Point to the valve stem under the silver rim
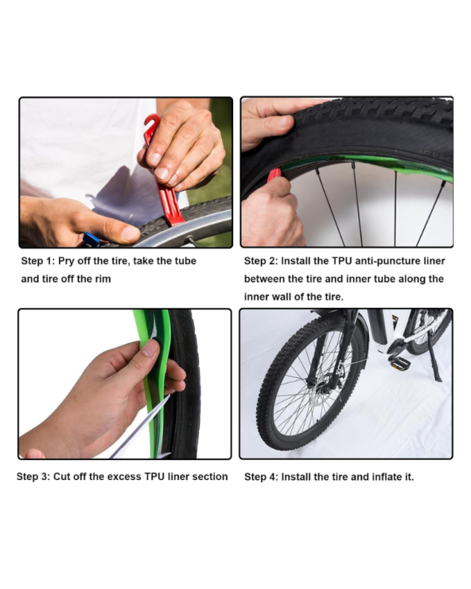click(x=190, y=241)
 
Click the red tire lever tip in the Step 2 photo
click(x=273, y=176)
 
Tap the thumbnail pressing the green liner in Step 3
click(x=150, y=348)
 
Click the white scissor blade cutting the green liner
click(x=141, y=429)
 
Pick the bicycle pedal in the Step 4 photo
click(x=396, y=362)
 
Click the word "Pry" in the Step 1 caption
click(x=66, y=261)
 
